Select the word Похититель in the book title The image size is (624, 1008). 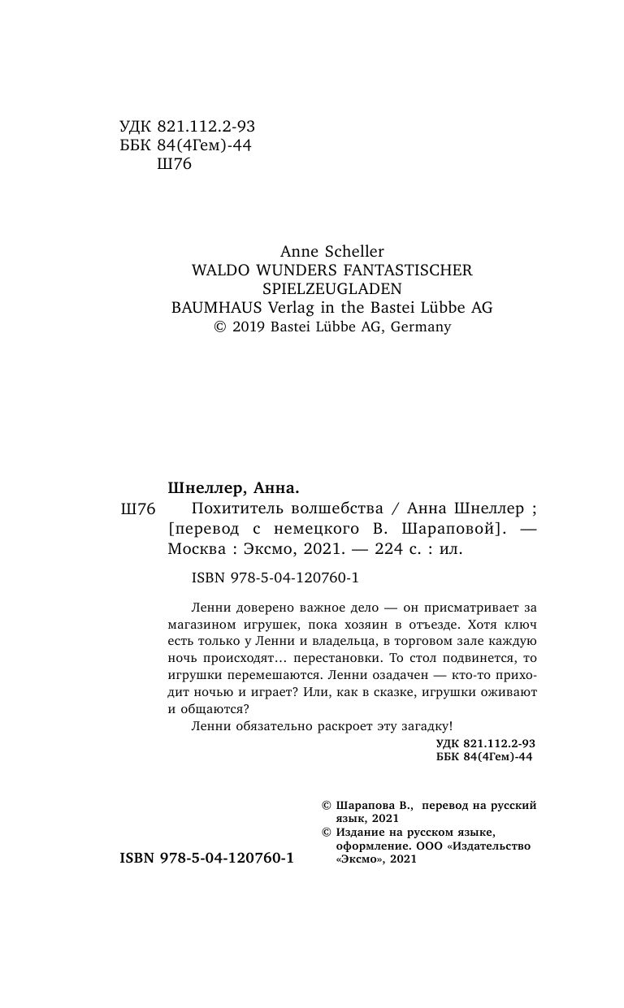tap(236, 509)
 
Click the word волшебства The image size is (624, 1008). tap(336, 509)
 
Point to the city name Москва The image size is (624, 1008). tap(196, 548)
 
